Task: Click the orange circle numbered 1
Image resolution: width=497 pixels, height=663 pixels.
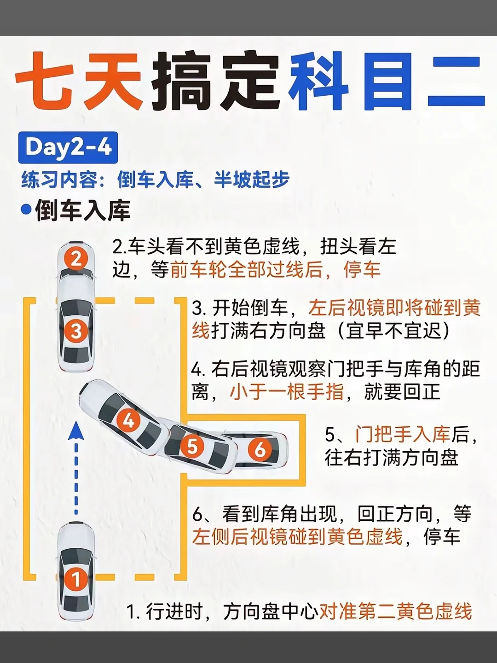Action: coord(76,579)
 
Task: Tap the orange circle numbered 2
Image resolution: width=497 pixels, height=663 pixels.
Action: coord(76,259)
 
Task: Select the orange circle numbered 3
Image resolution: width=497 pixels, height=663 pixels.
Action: coord(76,331)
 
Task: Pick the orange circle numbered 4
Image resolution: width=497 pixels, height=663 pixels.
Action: coord(128,420)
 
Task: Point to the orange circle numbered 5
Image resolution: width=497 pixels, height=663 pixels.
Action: coord(192,446)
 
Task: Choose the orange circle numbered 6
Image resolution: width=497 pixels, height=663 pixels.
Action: coord(260,449)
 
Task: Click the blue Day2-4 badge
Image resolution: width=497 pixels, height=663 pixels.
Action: coord(68,147)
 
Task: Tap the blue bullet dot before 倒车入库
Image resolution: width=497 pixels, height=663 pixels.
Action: coord(26,210)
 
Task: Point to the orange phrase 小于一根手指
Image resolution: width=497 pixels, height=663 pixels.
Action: coord(287,392)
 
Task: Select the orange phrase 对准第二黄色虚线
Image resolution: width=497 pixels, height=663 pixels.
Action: coord(396,611)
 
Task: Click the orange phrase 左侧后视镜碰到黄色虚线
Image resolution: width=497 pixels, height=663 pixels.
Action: coord(297,537)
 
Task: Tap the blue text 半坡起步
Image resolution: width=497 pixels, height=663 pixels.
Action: coord(252,180)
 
